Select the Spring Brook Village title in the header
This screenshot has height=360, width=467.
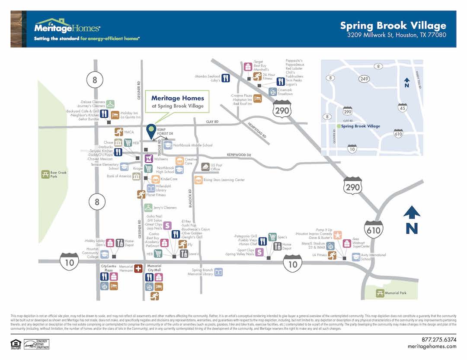(x=393, y=26)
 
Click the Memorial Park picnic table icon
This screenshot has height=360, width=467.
(x=381, y=293)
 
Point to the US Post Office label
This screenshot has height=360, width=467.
(x=216, y=167)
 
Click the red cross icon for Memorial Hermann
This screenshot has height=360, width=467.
(x=138, y=269)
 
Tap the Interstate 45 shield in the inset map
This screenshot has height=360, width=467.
(x=403, y=108)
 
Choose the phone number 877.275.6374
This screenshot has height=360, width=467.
(x=432, y=339)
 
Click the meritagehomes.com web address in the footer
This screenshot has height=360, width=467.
(x=432, y=346)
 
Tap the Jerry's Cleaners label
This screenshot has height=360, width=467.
(x=165, y=208)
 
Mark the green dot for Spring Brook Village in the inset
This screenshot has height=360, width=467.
(x=338, y=126)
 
